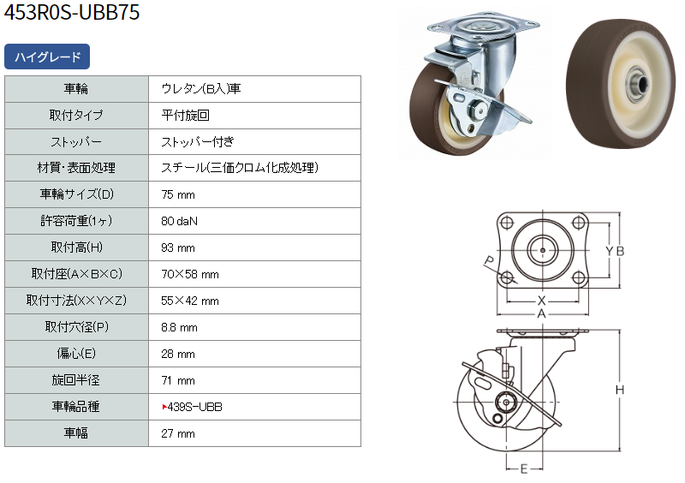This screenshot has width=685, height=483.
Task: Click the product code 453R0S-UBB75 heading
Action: pos(72,12)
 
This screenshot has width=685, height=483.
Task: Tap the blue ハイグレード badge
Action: pos(47,57)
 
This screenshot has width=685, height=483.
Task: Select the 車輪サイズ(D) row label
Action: pos(76,194)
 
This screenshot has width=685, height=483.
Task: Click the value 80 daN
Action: pos(179,221)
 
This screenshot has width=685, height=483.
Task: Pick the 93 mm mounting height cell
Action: pos(178,247)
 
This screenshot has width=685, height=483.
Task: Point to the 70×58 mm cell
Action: pos(189,275)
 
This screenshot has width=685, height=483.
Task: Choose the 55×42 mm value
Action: pos(189,301)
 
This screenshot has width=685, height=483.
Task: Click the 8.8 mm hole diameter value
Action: pos(179,327)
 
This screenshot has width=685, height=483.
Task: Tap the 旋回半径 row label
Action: pos(76,380)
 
